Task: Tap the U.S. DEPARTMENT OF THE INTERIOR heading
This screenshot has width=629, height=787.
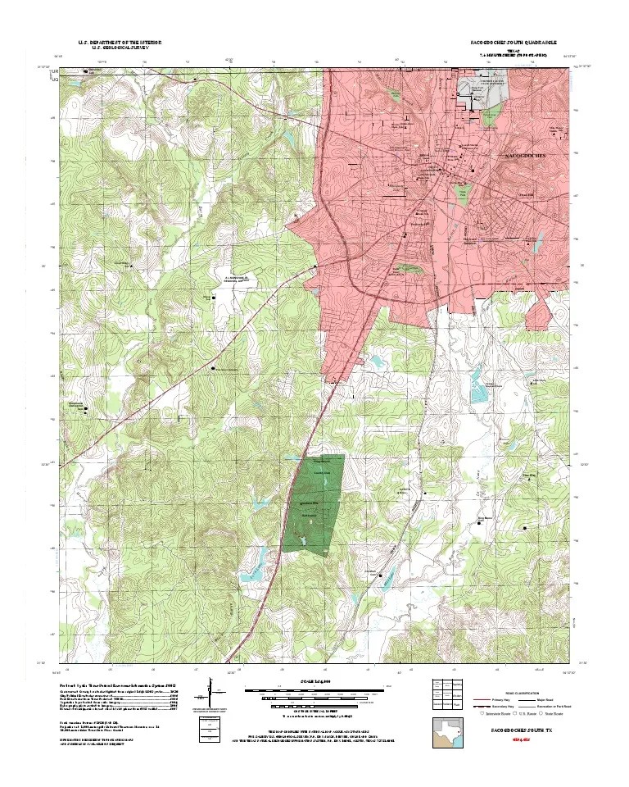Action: tap(120, 41)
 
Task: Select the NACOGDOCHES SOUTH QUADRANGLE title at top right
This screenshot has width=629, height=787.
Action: tap(514, 41)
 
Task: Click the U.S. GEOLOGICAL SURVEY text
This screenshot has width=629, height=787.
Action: tap(120, 48)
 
